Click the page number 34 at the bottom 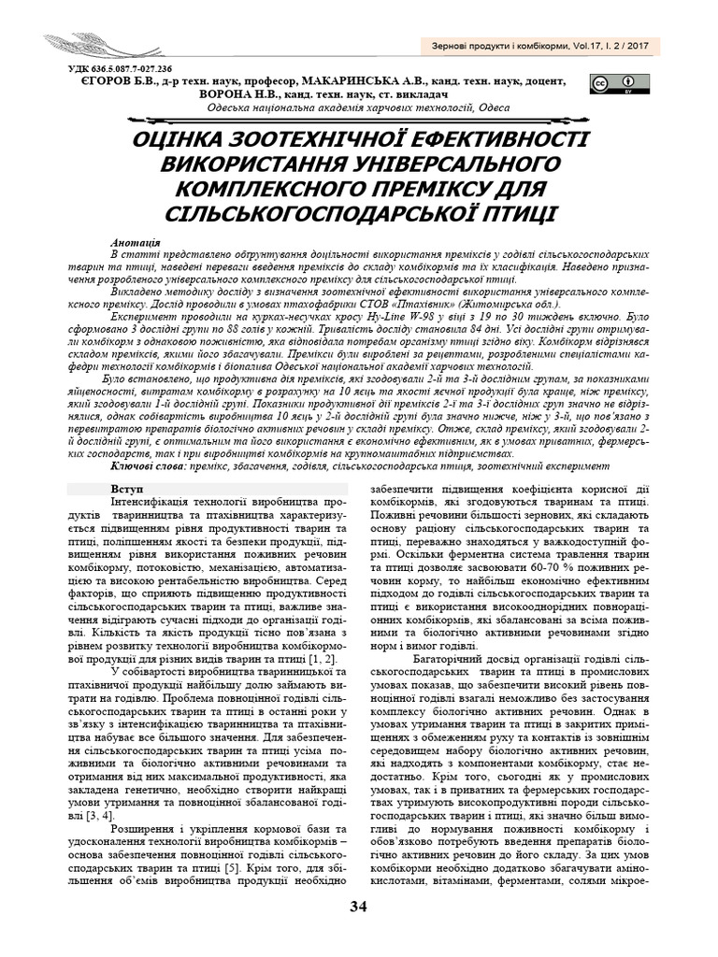coord(359,907)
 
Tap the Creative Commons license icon coord(608,85)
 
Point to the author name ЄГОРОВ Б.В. coord(104,81)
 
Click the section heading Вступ coord(126,488)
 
